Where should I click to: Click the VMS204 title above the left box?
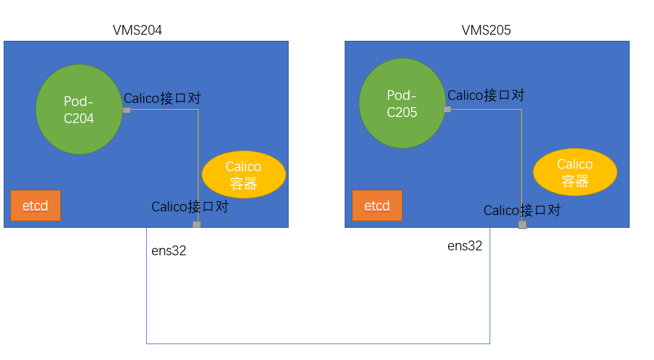138,30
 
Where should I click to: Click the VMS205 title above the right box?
486,30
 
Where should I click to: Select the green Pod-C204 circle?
79,110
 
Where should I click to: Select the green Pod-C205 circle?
403,104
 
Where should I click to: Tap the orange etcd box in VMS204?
35,206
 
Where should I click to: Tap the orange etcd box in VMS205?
377,206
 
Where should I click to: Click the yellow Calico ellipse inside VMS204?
244,175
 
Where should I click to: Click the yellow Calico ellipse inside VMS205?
575,172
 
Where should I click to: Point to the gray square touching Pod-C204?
127,110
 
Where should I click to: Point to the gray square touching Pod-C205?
447,110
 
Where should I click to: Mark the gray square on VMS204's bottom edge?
197,225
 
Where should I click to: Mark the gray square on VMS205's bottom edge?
522,225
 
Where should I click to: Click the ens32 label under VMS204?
169,251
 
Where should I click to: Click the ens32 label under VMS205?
465,246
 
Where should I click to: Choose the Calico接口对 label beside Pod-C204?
163,98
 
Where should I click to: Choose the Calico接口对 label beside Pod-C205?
486,95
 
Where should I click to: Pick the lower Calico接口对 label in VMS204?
190,206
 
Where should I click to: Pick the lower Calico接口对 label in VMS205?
522,210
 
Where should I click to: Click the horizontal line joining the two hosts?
318,344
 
